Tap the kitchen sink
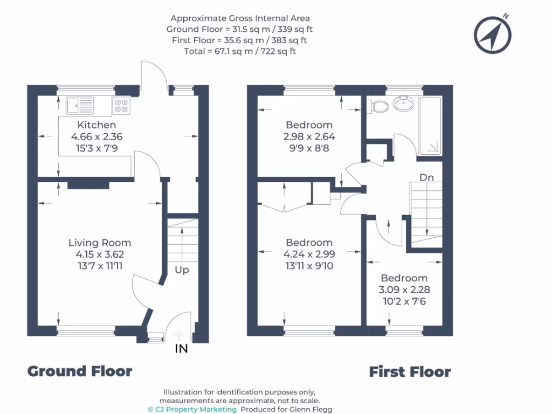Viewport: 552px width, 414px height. coord(79,105)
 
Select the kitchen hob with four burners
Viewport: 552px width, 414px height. coord(121,105)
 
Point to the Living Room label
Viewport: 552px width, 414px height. coord(100,243)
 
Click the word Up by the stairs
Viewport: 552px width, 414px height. coord(182,270)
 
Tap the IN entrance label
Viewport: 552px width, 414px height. coord(182,349)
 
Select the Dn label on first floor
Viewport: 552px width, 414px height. coord(427,177)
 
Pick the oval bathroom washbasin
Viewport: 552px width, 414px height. coord(404,103)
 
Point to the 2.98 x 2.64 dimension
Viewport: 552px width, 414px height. coord(309,136)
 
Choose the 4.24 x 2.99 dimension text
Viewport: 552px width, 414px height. coord(309,254)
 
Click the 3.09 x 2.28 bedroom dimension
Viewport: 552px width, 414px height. coord(404,289)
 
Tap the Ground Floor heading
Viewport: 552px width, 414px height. coord(80,371)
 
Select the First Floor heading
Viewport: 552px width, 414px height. coord(410,371)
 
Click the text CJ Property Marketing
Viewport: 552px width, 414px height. coord(196,410)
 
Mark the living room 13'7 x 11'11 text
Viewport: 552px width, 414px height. coord(100,266)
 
